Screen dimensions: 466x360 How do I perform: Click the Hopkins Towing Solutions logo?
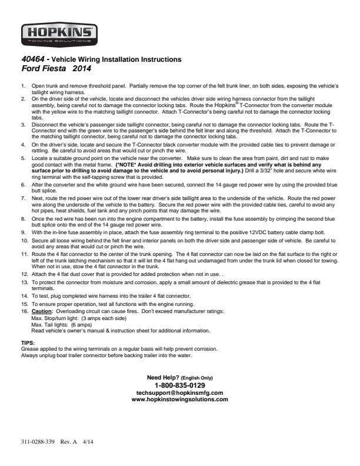(x=59, y=34)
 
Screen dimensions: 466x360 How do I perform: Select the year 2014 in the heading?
(x=82, y=68)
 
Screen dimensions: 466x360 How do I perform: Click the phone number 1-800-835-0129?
(x=179, y=385)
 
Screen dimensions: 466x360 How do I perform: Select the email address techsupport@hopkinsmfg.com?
(x=179, y=392)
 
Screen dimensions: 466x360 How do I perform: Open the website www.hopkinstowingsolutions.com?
(x=179, y=400)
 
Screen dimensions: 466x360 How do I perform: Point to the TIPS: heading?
(x=27, y=342)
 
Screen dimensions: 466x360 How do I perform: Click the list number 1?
(x=24, y=86)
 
